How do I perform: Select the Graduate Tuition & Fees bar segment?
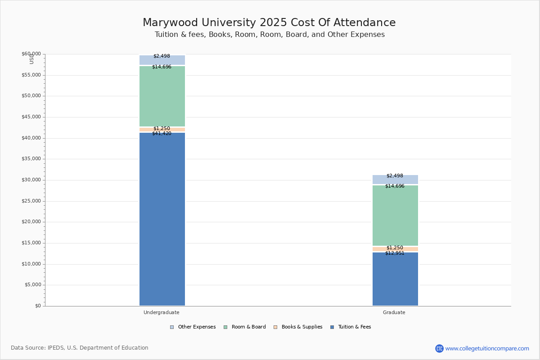click(395, 279)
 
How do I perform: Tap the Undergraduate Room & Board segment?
click(162, 96)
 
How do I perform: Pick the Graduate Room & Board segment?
click(395, 216)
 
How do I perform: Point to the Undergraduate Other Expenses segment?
click(162, 60)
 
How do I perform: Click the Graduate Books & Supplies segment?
click(395, 249)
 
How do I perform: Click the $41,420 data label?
click(162, 134)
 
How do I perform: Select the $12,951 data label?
click(395, 253)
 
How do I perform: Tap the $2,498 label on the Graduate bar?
click(395, 176)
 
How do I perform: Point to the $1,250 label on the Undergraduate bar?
click(162, 129)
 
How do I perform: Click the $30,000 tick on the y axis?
click(31, 180)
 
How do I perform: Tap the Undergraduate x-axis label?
click(162, 312)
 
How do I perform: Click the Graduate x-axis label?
click(394, 312)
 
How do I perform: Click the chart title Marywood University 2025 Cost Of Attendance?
click(269, 23)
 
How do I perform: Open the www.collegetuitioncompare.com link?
click(487, 348)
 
